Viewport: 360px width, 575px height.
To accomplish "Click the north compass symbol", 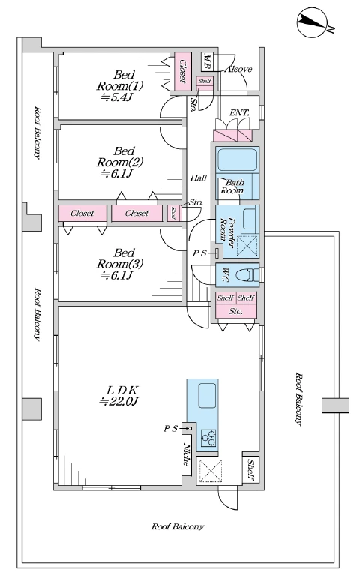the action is pyautogui.click(x=312, y=22).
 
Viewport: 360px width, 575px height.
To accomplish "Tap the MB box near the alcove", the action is pyautogui.click(x=207, y=62).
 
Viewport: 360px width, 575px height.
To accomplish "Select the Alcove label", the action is pyautogui.click(x=239, y=69).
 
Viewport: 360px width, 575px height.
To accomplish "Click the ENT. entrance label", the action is pyautogui.click(x=239, y=113).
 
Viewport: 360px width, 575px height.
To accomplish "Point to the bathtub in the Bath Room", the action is pyautogui.click(x=237, y=160).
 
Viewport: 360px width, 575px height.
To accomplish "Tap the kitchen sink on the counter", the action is pyautogui.click(x=207, y=395).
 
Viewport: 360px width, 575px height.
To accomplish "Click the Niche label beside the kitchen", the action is pyautogui.click(x=187, y=455).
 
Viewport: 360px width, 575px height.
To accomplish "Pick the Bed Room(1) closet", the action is pyautogui.click(x=183, y=71).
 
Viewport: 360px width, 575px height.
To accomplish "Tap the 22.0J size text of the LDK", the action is pyautogui.click(x=118, y=401).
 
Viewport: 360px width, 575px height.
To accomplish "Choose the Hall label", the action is pyautogui.click(x=199, y=178).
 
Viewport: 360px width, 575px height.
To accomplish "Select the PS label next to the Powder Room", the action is pyautogui.click(x=200, y=253).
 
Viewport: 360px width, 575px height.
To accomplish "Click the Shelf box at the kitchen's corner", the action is pyautogui.click(x=251, y=470).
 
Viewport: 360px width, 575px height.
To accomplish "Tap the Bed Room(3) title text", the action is pyautogui.click(x=120, y=258).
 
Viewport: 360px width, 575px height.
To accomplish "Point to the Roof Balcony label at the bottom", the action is pyautogui.click(x=178, y=526).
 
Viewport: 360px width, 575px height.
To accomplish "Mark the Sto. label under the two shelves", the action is pyautogui.click(x=235, y=312).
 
